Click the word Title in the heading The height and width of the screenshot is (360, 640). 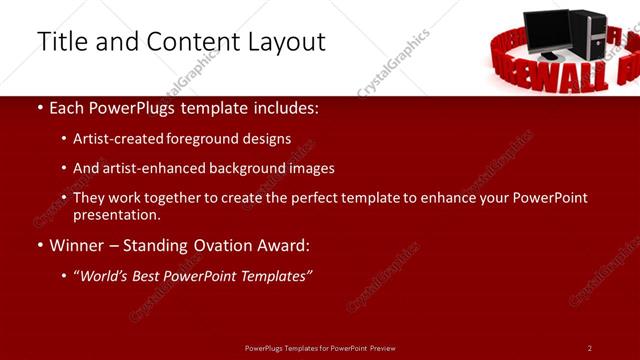[63, 42]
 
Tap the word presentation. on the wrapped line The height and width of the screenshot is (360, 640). [116, 214]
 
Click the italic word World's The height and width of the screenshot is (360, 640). [106, 275]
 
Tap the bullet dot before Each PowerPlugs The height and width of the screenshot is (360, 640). [39, 108]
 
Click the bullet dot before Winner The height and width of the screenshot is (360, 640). [39, 245]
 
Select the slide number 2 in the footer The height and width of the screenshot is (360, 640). [590, 348]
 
